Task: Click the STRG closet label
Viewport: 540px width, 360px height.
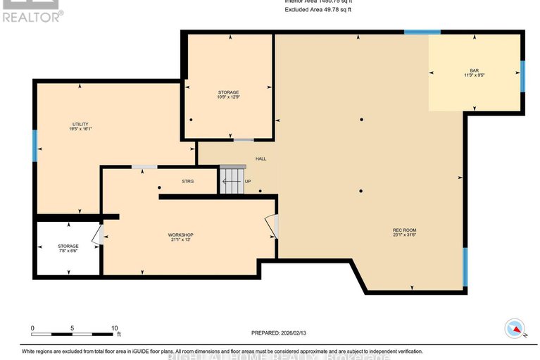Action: tap(188, 181)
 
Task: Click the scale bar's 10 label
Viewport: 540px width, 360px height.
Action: tap(115, 328)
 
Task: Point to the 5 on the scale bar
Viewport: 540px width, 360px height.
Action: tap(73, 328)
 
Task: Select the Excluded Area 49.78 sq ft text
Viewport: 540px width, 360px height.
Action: tap(318, 10)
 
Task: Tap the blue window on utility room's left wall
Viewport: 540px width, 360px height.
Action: tap(34, 146)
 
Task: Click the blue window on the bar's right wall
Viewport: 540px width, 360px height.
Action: tap(522, 76)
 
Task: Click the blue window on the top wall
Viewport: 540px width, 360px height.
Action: tap(422, 32)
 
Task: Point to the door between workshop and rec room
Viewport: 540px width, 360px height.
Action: tap(274, 226)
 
